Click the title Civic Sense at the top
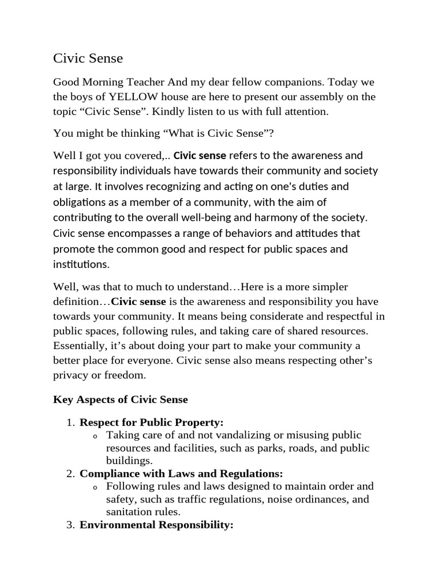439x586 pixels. (x=88, y=58)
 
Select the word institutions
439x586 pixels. (x=80, y=264)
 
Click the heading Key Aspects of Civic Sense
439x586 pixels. (x=121, y=399)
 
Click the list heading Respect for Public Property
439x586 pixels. (x=151, y=423)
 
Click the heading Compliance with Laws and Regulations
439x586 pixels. (x=181, y=474)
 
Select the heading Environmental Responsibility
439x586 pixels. (x=157, y=525)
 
